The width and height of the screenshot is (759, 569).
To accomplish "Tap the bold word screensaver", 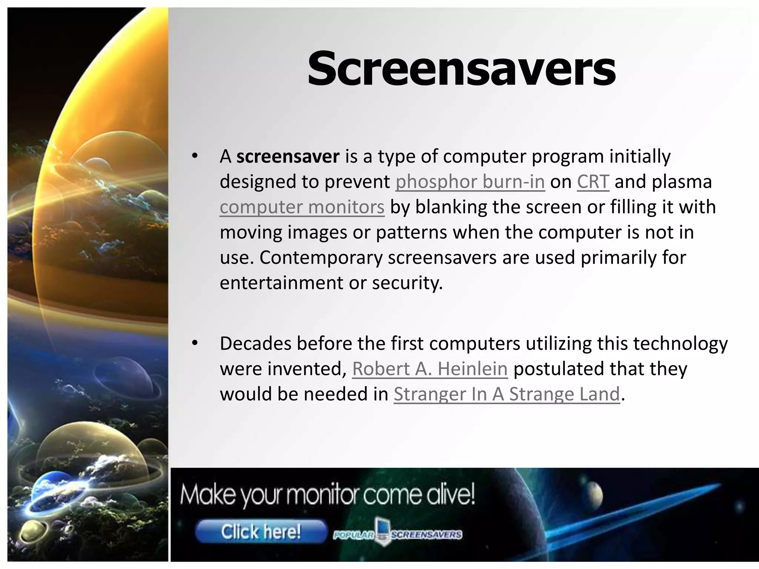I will (288, 156).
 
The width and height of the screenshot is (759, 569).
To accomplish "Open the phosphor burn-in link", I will (470, 182).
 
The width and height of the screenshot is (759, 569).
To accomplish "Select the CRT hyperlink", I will (593, 182).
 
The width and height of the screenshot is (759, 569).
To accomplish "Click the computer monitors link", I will (302, 207).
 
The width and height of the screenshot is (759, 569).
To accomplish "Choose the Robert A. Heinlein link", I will (430, 369).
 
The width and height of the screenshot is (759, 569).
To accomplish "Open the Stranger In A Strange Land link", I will (507, 394).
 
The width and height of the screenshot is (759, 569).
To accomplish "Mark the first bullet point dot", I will (195, 157).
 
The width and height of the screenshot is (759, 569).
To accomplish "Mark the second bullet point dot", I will (195, 344).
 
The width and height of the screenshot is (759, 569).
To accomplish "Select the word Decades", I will (255, 344).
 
